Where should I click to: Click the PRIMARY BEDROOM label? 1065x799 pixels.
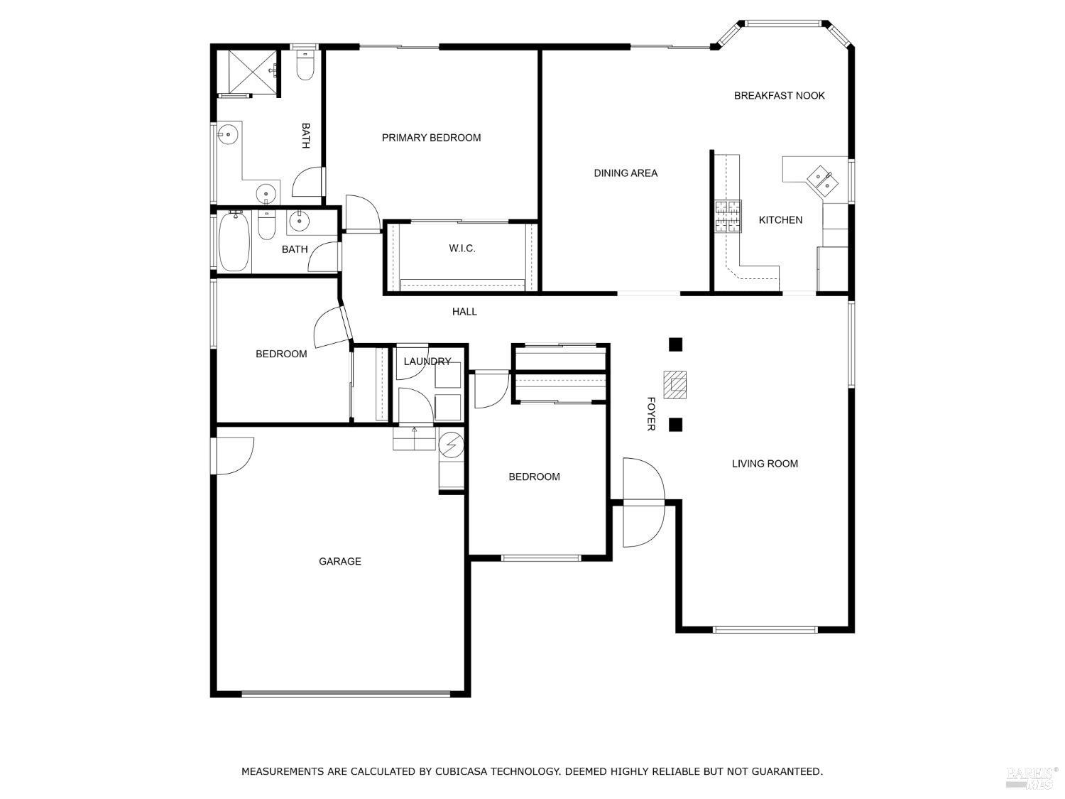tap(431, 138)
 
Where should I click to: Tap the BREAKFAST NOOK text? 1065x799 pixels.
tap(779, 96)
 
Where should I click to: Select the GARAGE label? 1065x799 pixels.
tap(339, 562)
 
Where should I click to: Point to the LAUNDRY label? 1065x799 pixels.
tap(427, 362)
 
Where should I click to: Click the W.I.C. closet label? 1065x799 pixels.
tap(461, 249)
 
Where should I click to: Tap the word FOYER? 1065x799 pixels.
tap(650, 413)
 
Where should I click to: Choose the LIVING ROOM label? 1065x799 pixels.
tap(765, 464)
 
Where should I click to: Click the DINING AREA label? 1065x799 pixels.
tap(626, 173)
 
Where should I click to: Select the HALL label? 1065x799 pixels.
tap(464, 312)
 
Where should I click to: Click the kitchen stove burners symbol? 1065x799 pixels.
tap(728, 217)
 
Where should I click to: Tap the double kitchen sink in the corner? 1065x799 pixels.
tap(823, 180)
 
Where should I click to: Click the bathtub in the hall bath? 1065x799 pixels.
tap(234, 241)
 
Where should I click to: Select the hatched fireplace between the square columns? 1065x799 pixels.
tap(675, 384)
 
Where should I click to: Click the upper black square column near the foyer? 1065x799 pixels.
tap(675, 345)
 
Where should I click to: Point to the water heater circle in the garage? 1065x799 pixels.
tap(451, 445)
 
